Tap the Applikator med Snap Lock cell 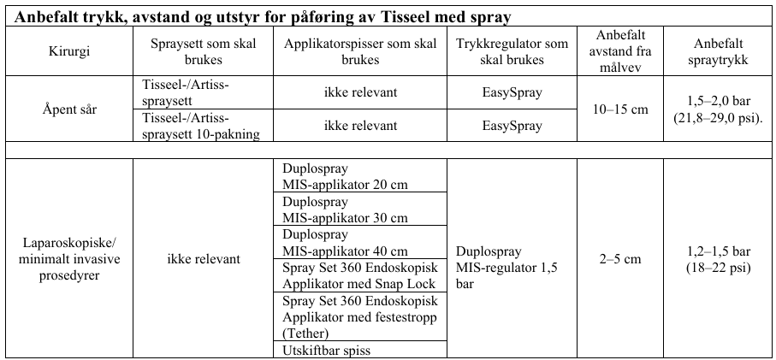click(358, 275)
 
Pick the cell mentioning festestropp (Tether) click(358, 316)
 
